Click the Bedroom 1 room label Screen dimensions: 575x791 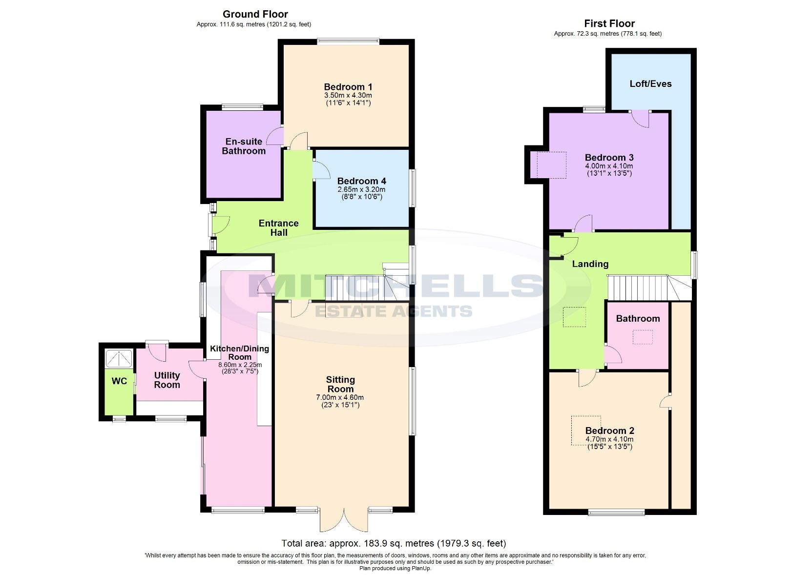pos(348,87)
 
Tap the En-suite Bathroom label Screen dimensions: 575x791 pos(244,146)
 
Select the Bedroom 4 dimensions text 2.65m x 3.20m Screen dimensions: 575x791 pos(361,189)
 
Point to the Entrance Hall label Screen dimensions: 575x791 pos(278,227)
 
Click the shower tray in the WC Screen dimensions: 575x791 pos(119,359)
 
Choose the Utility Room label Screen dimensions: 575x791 pos(167,380)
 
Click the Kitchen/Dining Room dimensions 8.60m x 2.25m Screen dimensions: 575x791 pos(240,365)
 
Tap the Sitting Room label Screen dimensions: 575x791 pos(340,384)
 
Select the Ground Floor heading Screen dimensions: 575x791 pos(255,14)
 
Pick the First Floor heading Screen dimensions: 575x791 pos(609,23)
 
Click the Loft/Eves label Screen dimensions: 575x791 pos(650,83)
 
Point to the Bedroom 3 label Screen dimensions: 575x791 pos(609,157)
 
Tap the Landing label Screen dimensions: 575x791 pos(590,264)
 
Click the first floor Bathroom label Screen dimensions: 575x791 pos(637,318)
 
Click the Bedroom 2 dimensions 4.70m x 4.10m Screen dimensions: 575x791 pos(609,439)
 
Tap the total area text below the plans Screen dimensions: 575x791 pos(394,543)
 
